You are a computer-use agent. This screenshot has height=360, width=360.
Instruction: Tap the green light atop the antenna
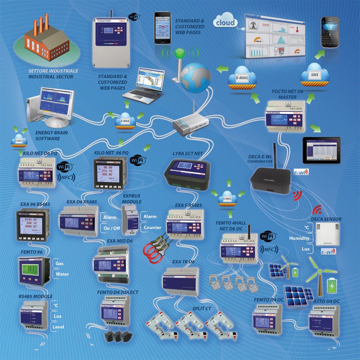180,53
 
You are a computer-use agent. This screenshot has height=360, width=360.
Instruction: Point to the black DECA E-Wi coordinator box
273,180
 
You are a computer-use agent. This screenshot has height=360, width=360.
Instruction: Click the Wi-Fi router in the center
189,126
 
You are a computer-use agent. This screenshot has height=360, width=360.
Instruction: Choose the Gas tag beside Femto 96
60,263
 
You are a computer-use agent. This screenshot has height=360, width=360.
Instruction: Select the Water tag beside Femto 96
63,274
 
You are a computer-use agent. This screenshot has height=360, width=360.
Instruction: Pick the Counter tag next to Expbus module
152,227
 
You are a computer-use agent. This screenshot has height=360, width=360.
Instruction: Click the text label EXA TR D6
184,262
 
